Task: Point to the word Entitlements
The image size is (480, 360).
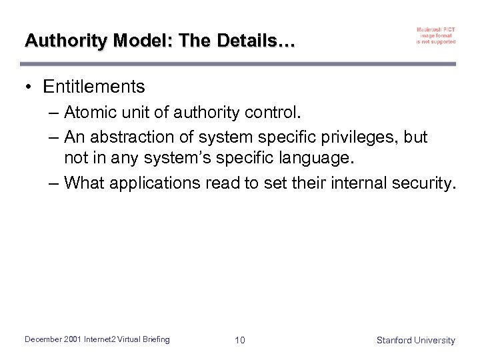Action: (x=93, y=87)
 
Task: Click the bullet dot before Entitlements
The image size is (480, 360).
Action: (x=29, y=87)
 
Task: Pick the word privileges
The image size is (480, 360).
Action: (x=349, y=137)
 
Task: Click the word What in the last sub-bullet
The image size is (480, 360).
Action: (x=84, y=183)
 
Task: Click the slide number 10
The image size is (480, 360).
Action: (x=240, y=340)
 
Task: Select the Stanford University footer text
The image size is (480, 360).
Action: (x=415, y=340)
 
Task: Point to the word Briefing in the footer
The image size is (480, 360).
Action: (x=155, y=339)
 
